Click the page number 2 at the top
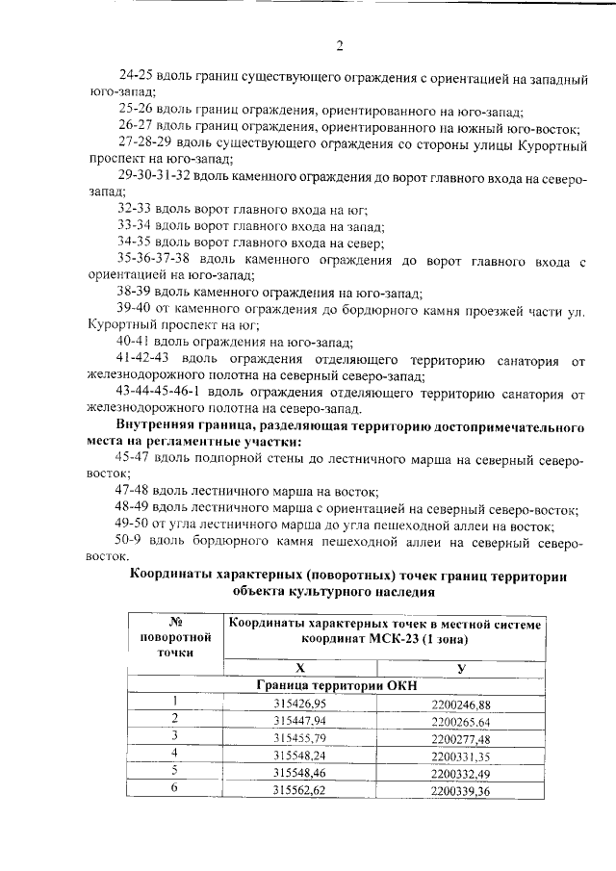click(339, 45)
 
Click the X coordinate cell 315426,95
click(300, 704)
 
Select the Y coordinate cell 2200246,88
click(461, 704)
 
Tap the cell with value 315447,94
click(300, 720)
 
